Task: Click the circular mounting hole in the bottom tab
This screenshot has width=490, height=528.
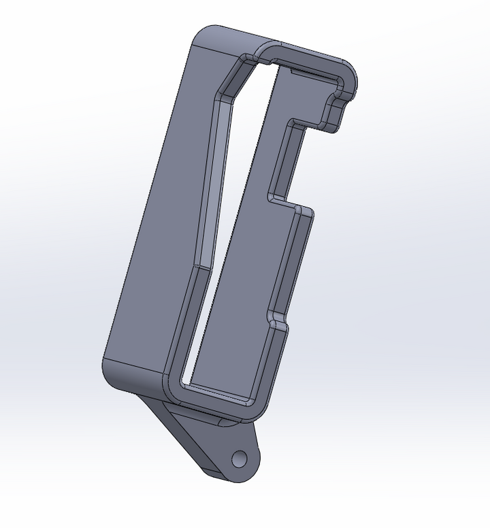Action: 239,459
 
